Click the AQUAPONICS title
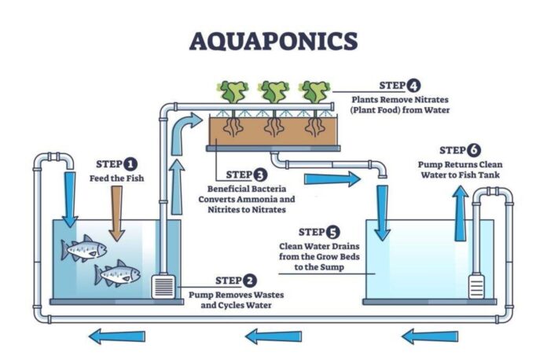pos(273,42)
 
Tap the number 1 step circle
pos(130,164)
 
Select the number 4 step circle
pos(413,86)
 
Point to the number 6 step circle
pos(474,150)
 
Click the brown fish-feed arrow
pos(117,213)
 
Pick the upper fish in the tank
pos(84,248)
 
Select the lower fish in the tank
pos(117,274)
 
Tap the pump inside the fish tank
pos(163,287)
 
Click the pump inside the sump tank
pos(476,286)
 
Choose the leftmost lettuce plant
pos(234,92)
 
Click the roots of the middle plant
pos(274,127)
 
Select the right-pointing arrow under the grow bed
pos(332,179)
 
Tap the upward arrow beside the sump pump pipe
pos(460,214)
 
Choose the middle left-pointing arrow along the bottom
pos(273,336)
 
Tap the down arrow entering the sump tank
pos(382,213)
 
